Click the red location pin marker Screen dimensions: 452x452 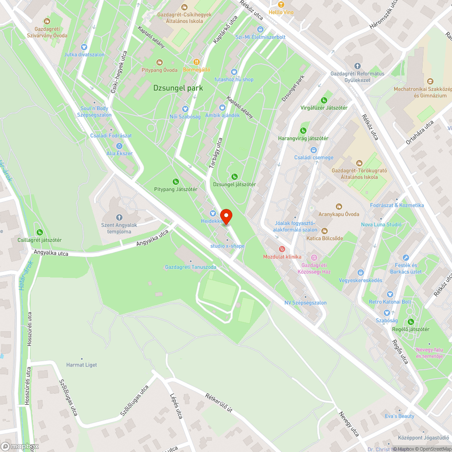coord(226,216)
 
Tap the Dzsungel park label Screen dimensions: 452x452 coord(178,88)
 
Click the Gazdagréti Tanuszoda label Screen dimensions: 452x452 coord(190,267)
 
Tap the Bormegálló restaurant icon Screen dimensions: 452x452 coord(196,62)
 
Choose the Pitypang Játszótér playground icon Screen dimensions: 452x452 coord(175,182)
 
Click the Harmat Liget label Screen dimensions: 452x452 coord(81,365)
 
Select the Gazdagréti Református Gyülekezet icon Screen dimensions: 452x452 coord(357,66)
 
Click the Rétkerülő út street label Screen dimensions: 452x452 coord(219,403)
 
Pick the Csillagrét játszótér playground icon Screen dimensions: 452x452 coord(39,232)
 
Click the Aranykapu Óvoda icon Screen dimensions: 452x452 coord(339,207)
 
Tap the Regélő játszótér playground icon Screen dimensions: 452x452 coord(410,322)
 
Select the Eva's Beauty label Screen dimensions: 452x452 coord(400,416)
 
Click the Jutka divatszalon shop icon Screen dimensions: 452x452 coord(84,47)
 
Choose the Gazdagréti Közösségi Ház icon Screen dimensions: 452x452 coord(314,257)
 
